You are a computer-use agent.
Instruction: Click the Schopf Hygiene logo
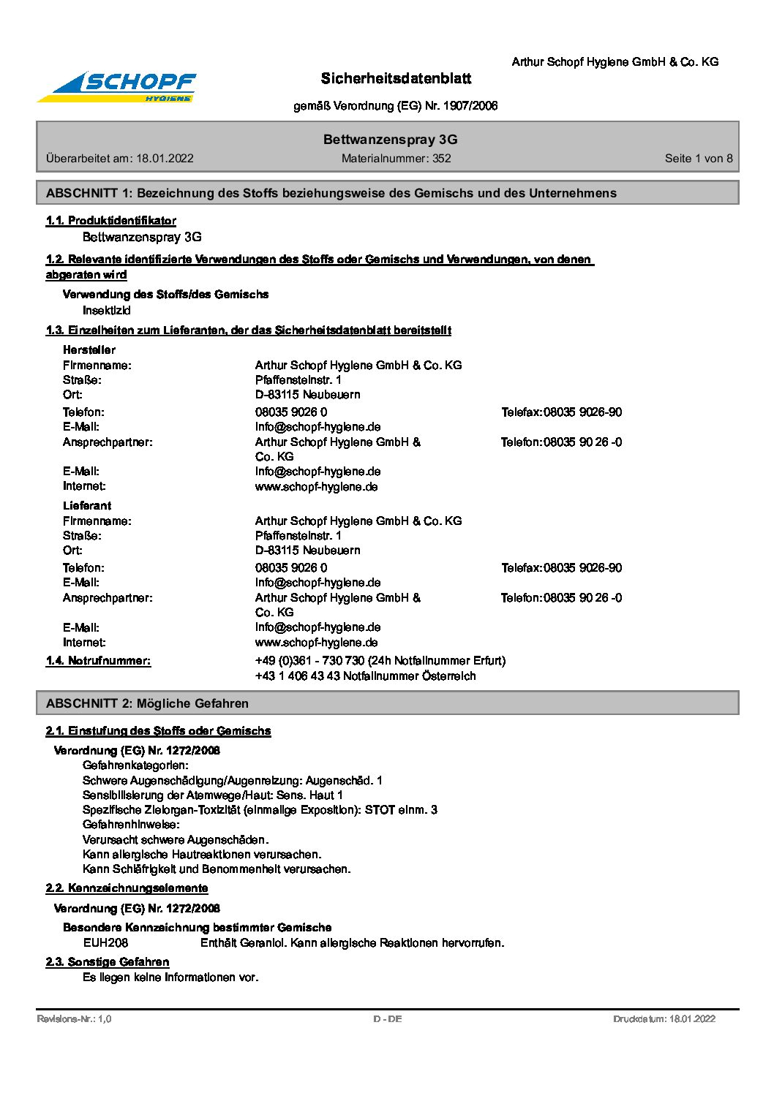pyautogui.click(x=117, y=87)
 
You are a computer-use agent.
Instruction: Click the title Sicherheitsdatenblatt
pyautogui.click(x=396, y=78)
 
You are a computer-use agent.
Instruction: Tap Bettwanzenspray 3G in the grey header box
pyautogui.click(x=390, y=140)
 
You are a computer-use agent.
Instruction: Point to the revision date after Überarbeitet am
pyautogui.click(x=165, y=159)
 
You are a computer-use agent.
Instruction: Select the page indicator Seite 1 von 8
pyautogui.click(x=698, y=159)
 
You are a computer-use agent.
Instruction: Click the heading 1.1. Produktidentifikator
pyautogui.click(x=110, y=221)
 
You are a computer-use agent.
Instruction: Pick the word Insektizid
pyautogui.click(x=107, y=311)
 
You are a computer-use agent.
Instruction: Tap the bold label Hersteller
pyautogui.click(x=89, y=350)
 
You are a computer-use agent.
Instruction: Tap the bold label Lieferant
pyautogui.click(x=87, y=506)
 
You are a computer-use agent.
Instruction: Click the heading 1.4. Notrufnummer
pyautogui.click(x=98, y=661)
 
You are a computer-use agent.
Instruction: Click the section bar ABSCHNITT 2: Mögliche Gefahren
pyautogui.click(x=147, y=703)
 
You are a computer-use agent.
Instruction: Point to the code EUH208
pyautogui.click(x=105, y=943)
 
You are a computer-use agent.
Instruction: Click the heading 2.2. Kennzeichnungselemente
pyautogui.click(x=127, y=888)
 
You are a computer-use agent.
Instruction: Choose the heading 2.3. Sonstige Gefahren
pyautogui.click(x=108, y=962)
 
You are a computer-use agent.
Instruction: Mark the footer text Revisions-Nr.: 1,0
pyautogui.click(x=74, y=1019)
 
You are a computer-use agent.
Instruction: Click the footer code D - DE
pyautogui.click(x=387, y=1019)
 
